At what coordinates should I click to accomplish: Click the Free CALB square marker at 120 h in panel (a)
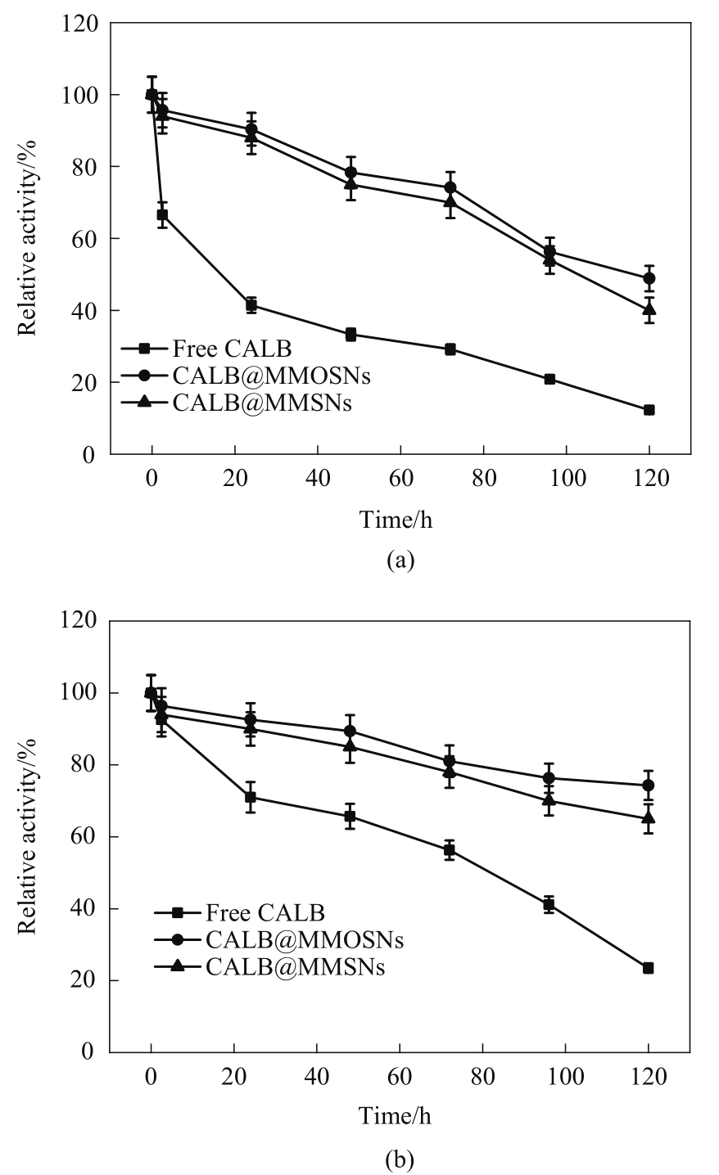[649, 410]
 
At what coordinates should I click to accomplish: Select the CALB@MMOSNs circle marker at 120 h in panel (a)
[649, 278]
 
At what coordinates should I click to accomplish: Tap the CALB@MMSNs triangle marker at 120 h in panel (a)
[649, 309]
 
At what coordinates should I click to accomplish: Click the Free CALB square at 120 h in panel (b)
[649, 968]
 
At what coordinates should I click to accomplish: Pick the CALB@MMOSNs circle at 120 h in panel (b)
[649, 786]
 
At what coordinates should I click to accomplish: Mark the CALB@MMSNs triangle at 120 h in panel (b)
[649, 817]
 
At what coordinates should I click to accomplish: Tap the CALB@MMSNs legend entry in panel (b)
[269, 966]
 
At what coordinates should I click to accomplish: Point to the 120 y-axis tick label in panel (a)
[80, 24]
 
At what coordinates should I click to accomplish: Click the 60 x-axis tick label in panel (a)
[400, 477]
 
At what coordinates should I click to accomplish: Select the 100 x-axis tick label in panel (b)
[565, 1074]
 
